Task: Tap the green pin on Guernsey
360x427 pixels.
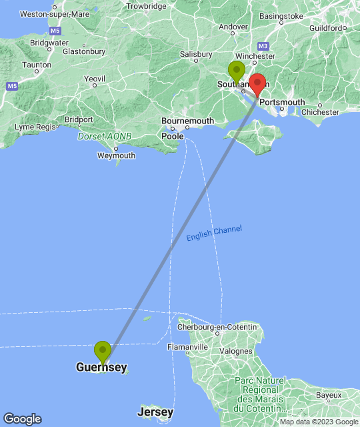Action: coord(102,351)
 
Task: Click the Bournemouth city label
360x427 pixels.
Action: coord(188,121)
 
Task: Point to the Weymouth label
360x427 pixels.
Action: coord(116,155)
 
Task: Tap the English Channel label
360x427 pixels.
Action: coord(214,234)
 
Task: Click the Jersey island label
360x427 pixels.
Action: coord(156,412)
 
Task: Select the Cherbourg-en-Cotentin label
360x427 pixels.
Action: coord(217,327)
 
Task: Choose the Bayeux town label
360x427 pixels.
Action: coord(329,396)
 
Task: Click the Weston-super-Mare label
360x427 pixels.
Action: coord(55,13)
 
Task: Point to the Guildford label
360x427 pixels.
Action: coord(328,28)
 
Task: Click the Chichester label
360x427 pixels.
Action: coord(320,112)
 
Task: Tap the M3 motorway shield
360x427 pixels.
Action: coord(263,46)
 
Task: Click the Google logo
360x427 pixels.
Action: coord(21,418)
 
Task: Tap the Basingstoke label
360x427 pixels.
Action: coord(283,15)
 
